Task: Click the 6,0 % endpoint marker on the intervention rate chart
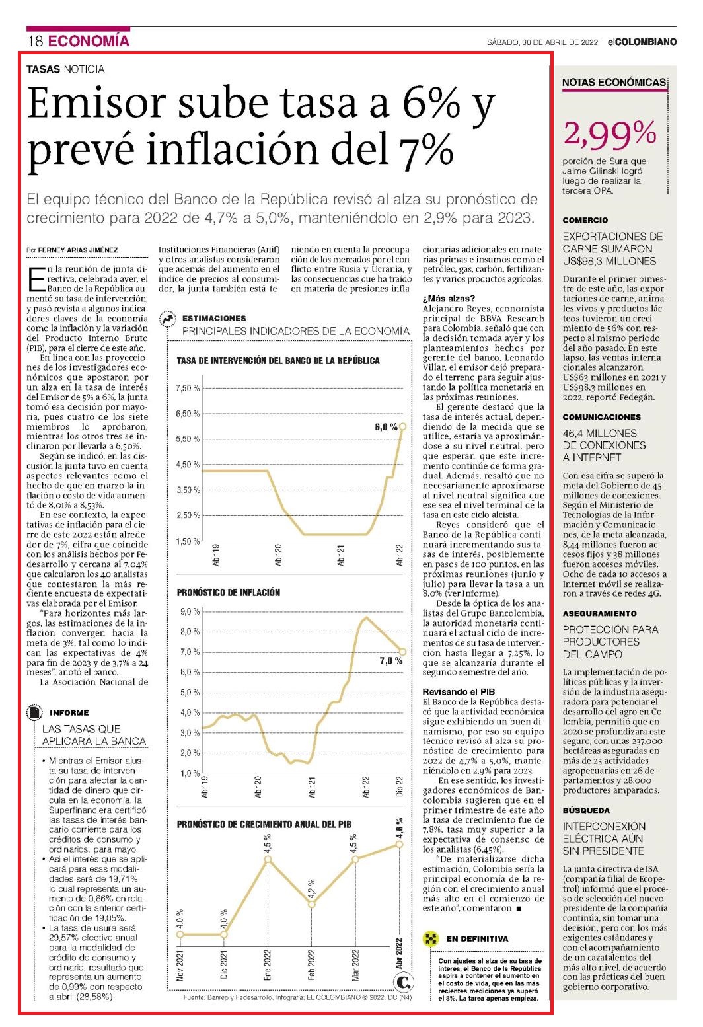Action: (403, 426)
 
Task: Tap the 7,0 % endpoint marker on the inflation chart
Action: (403, 652)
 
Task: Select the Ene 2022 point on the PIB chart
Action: (268, 860)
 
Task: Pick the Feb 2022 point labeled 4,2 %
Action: (312, 904)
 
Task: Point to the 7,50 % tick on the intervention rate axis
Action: (188, 389)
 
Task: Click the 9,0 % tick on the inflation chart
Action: (190, 611)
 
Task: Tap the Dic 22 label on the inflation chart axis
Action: (399, 786)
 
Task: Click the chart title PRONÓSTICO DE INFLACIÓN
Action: (228, 592)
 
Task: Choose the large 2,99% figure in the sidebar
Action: (610, 134)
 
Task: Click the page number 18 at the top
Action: (35, 41)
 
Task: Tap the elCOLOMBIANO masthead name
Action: (642, 42)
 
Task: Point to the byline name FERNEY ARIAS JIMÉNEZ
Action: (77, 250)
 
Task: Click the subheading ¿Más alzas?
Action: (449, 299)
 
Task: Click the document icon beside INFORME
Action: (34, 712)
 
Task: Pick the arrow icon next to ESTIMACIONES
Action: (166, 319)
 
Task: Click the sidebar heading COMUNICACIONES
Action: (602, 417)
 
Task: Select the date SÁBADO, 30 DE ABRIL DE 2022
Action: (542, 42)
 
